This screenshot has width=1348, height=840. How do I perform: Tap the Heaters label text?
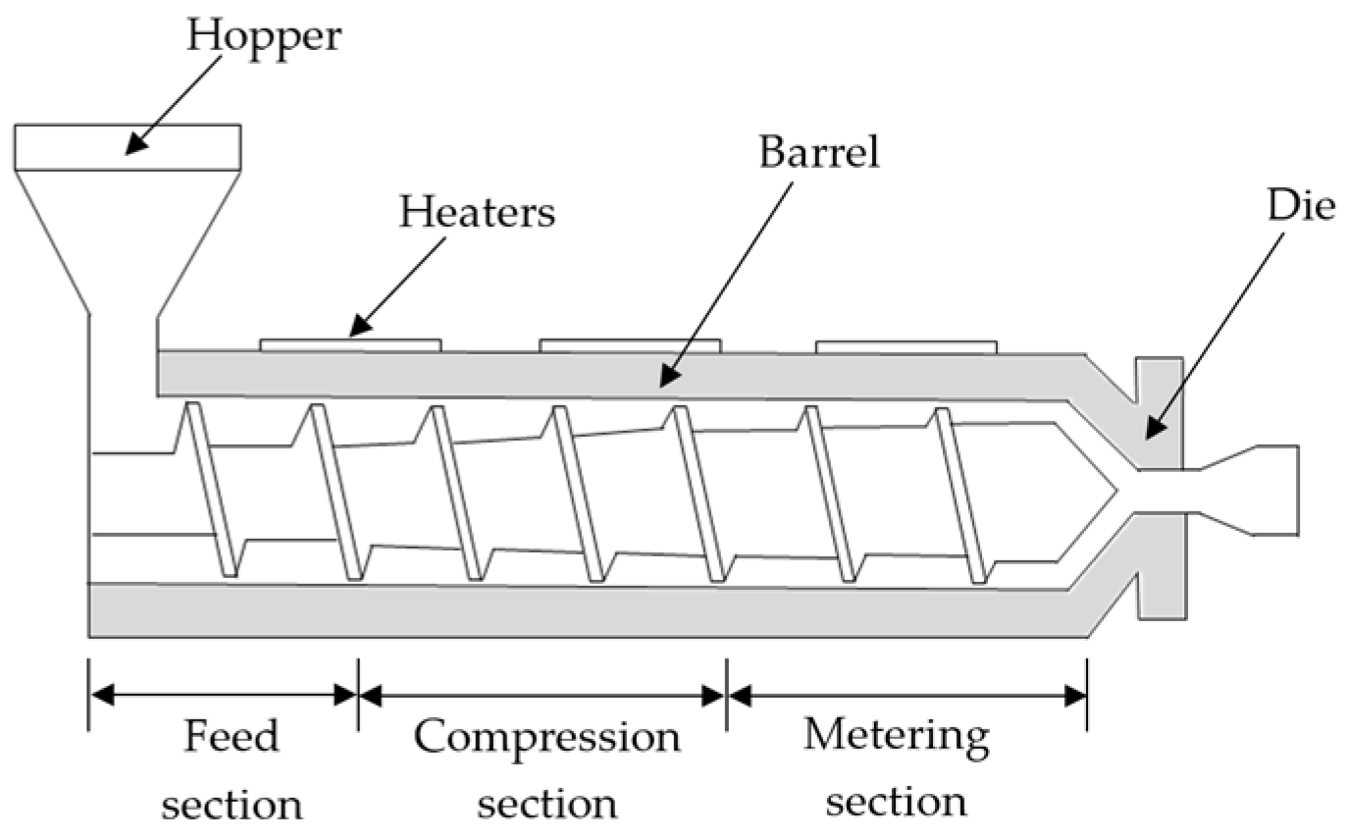pos(477,213)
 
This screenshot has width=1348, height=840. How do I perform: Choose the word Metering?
pos(896,736)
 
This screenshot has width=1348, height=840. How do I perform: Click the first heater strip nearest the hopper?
pos(350,344)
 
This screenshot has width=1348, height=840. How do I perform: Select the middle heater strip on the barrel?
pos(630,344)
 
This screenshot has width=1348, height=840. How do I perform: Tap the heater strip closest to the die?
pos(907,345)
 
